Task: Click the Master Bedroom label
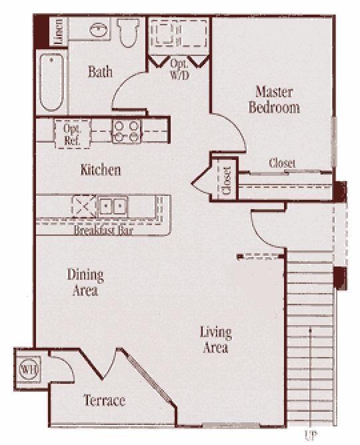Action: (x=274, y=99)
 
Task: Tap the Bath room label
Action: (x=100, y=72)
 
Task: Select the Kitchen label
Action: (x=101, y=170)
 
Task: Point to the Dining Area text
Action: (x=85, y=282)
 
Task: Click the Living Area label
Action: (x=215, y=339)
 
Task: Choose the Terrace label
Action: (x=104, y=400)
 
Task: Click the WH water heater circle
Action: (x=27, y=368)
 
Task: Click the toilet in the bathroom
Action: (x=127, y=32)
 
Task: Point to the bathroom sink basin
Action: (x=97, y=31)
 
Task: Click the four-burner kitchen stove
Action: (x=125, y=130)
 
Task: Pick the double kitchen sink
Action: (x=111, y=206)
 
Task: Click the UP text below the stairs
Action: (x=310, y=436)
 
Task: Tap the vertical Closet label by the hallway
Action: (x=226, y=180)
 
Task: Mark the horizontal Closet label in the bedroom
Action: (x=282, y=163)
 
